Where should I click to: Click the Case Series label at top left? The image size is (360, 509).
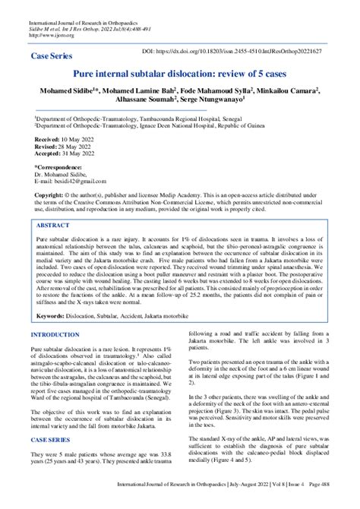pyautogui.click(x=51, y=57)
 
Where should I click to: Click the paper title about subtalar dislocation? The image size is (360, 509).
pyautogui.click(x=180, y=75)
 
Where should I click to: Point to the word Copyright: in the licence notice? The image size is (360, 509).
pyautogui.click(x=52, y=194)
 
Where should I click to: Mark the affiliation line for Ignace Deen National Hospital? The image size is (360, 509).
pyautogui.click(x=160, y=128)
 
